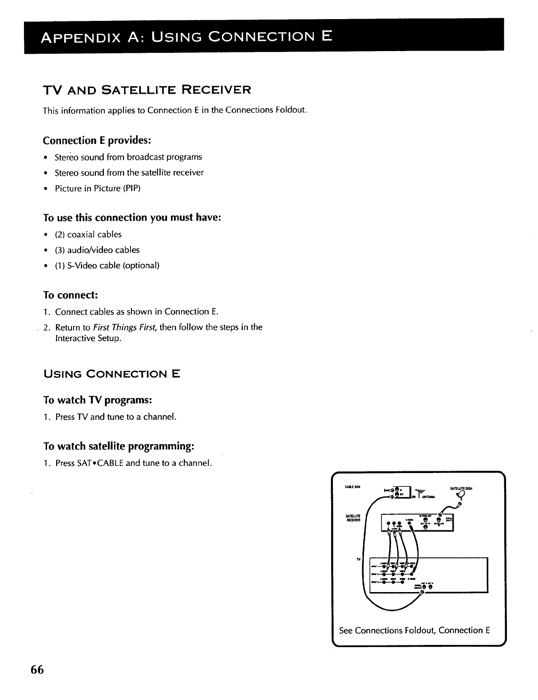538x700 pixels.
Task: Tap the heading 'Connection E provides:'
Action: tap(97, 140)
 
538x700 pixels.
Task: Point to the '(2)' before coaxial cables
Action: tap(60, 235)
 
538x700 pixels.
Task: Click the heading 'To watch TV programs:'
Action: tap(98, 400)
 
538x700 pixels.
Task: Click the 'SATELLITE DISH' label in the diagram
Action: tap(461, 488)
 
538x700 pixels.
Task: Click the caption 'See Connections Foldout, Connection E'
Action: tap(414, 630)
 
